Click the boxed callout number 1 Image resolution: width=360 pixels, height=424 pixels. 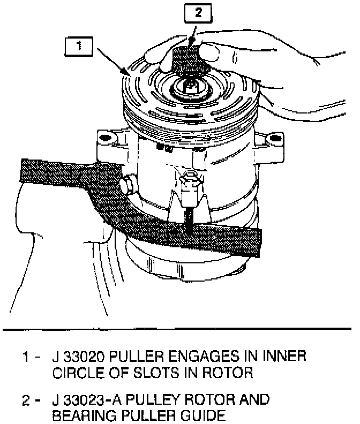tap(79, 46)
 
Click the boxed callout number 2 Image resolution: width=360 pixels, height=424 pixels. tap(198, 14)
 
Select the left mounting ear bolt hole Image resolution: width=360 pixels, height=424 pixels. tap(105, 138)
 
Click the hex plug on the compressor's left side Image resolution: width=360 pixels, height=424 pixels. tap(127, 185)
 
